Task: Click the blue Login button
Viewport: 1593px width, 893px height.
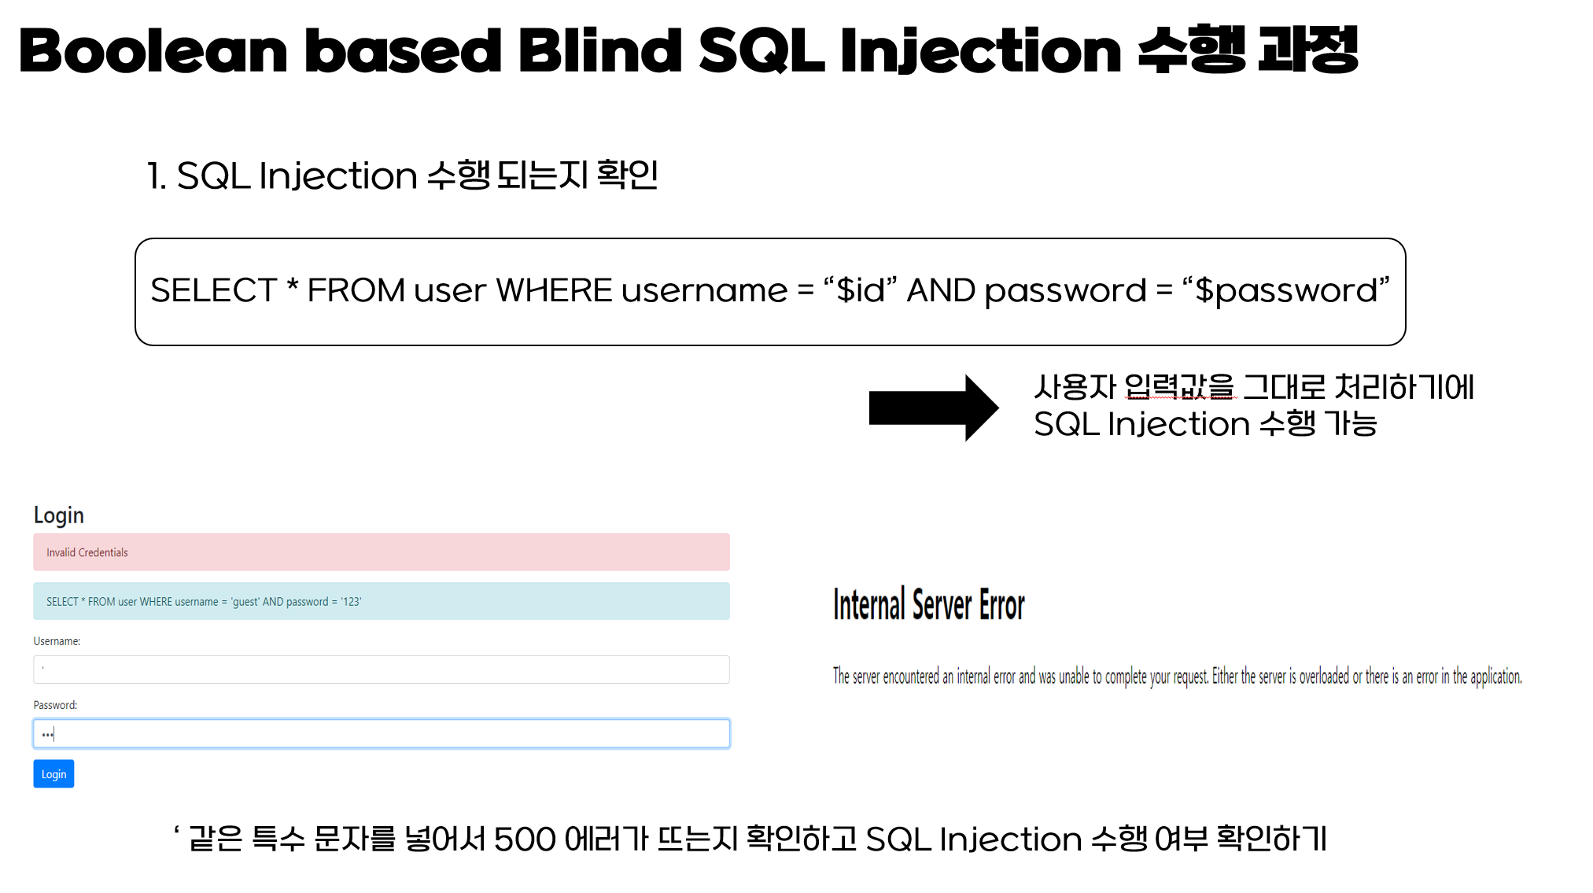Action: [53, 773]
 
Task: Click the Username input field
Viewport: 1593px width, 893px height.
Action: [381, 670]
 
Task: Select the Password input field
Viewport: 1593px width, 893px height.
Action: [381, 734]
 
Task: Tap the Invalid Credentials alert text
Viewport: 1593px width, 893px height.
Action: [87, 552]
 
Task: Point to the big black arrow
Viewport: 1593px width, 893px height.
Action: [933, 408]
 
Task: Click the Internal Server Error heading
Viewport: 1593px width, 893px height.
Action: [928, 605]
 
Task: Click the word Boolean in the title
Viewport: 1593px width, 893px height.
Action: [153, 51]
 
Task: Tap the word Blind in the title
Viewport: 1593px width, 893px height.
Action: [599, 51]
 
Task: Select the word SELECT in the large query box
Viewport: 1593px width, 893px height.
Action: [213, 290]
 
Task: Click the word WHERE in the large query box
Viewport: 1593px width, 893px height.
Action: [553, 290]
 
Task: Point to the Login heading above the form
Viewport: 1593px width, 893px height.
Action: [58, 515]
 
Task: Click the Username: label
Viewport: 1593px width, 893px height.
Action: [57, 641]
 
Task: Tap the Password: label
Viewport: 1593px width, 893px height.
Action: [55, 705]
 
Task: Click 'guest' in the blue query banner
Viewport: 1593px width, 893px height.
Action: [245, 602]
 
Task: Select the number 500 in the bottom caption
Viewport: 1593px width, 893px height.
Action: [525, 839]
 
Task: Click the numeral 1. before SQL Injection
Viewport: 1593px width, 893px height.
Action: [157, 175]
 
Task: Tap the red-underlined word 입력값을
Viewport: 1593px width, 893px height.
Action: [1179, 387]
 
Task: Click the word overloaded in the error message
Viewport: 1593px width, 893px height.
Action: [1324, 677]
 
